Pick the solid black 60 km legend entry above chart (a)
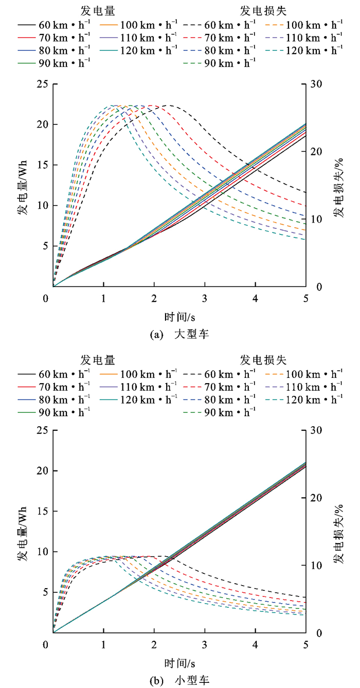point(53,24)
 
